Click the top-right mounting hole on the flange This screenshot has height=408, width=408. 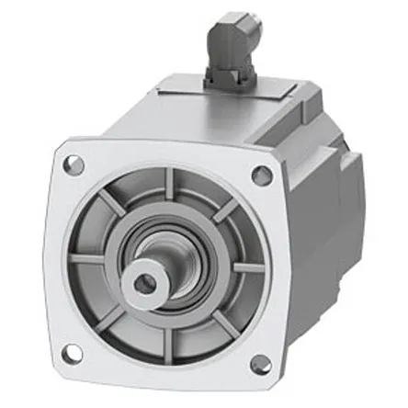(262, 176)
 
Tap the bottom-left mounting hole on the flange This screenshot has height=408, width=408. (72, 352)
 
